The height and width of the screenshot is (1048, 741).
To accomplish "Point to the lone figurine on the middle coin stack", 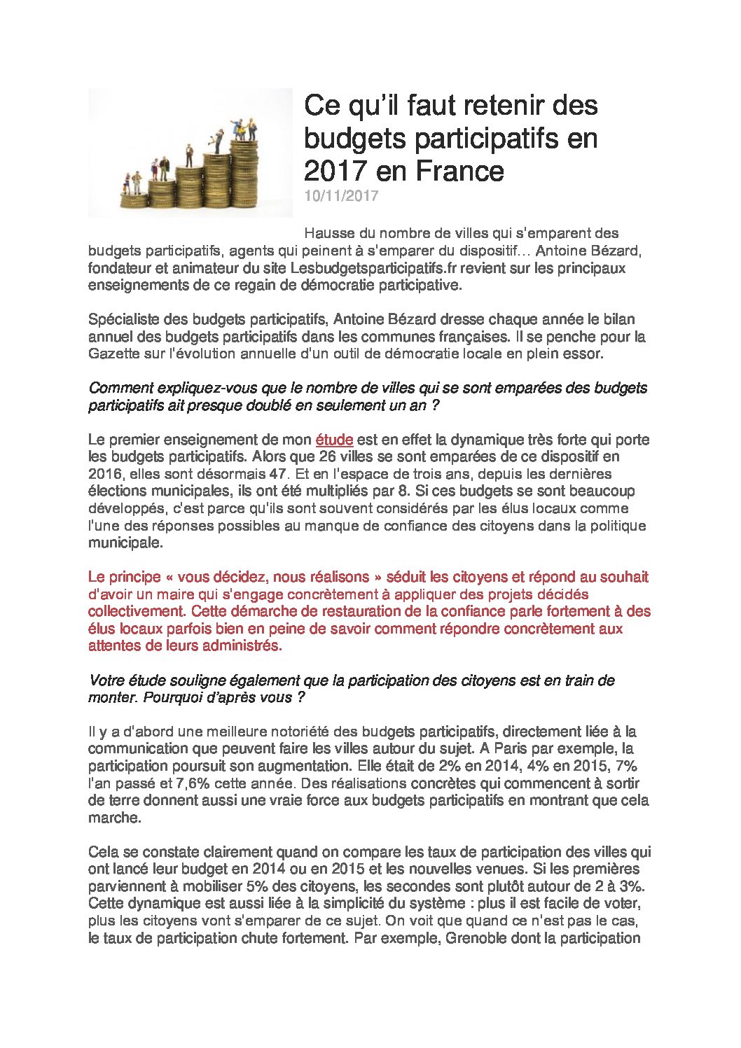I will click(x=188, y=155).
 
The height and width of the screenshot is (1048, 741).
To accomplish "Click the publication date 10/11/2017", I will click(x=341, y=196).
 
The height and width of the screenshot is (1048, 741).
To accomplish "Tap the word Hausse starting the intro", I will click(x=328, y=233).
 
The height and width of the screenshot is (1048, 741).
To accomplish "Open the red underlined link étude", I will click(x=334, y=440).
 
